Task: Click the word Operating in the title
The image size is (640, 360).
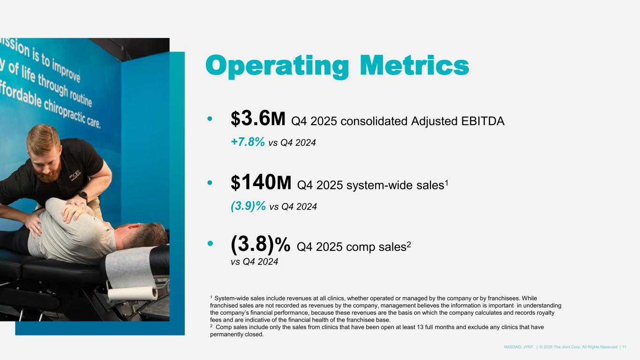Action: coord(277,66)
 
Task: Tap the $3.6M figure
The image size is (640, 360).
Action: coord(258,119)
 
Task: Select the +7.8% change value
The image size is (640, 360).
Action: coord(248,141)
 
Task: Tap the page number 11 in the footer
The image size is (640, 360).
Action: coord(624,347)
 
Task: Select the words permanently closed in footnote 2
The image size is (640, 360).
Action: coord(237,335)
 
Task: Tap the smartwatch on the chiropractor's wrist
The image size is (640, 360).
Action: coord(83,195)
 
